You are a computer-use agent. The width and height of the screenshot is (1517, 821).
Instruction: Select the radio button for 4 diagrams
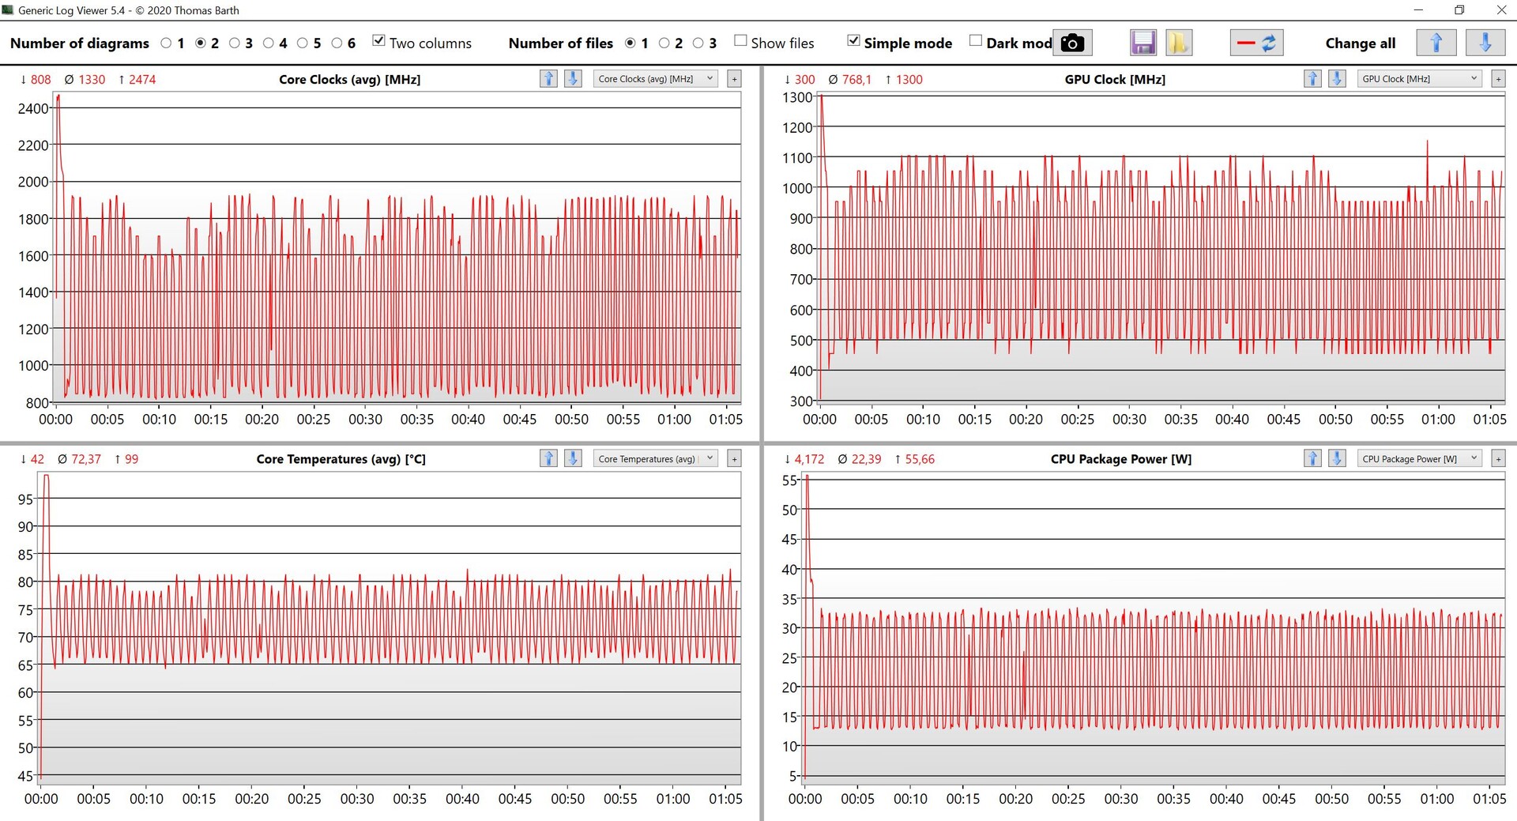click(x=269, y=43)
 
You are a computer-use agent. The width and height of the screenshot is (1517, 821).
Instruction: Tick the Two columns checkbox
click(x=379, y=41)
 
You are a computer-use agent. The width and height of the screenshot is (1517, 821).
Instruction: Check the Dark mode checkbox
click(x=976, y=41)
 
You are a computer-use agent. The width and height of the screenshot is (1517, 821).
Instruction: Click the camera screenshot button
click(x=1072, y=43)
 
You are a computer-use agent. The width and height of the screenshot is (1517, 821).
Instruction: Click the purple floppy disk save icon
click(x=1143, y=43)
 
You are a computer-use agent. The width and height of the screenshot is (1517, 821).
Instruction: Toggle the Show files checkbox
click(x=740, y=41)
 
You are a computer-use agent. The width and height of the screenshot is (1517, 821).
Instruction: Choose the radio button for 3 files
click(x=698, y=43)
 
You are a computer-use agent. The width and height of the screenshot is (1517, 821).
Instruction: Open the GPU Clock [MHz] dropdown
click(x=1419, y=79)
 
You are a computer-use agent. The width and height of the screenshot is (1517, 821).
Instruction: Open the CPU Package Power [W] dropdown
click(x=1419, y=459)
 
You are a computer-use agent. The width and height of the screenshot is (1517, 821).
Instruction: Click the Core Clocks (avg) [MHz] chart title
click(x=349, y=79)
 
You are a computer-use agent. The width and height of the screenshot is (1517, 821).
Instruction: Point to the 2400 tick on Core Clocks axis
click(x=33, y=108)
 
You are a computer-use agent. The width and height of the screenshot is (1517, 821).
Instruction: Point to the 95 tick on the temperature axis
click(x=25, y=499)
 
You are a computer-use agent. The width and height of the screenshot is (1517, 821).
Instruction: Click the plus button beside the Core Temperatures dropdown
click(x=734, y=459)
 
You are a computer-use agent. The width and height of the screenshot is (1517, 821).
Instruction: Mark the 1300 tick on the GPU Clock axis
click(x=797, y=97)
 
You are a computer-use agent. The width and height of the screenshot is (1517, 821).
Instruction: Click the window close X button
click(x=1501, y=10)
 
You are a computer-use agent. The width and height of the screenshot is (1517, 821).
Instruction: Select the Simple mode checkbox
click(x=853, y=41)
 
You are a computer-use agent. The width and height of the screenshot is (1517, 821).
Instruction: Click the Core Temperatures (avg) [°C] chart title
click(x=341, y=459)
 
